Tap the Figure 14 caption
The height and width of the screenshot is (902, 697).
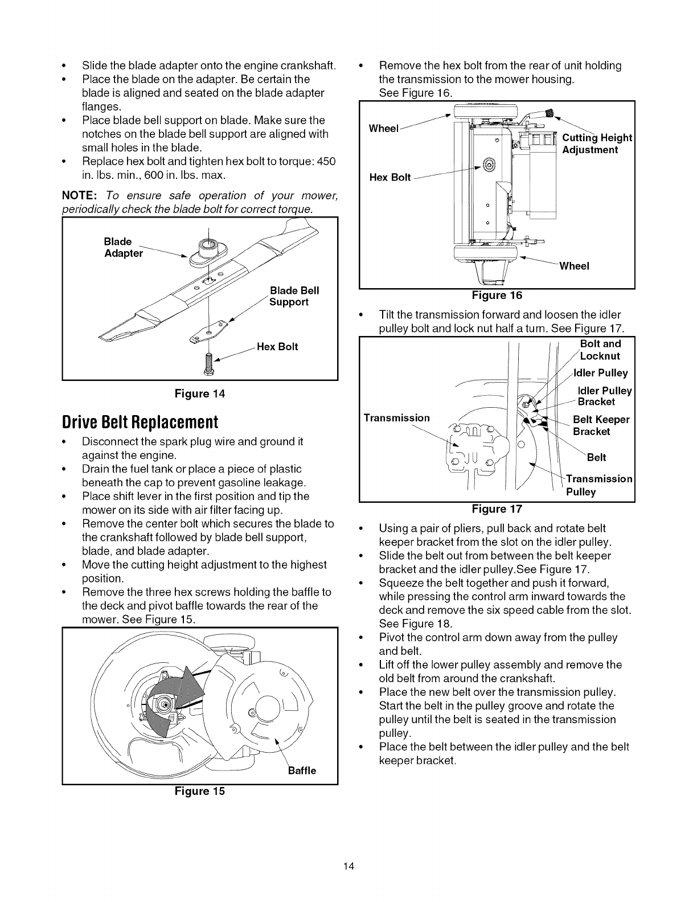pos(200,393)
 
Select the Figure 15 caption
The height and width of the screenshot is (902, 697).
pos(200,791)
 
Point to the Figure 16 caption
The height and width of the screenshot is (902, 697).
pos(497,295)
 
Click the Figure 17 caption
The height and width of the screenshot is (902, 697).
pos(497,509)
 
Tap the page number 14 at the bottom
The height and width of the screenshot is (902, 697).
pos(348,867)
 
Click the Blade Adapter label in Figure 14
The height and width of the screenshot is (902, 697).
pos(123,247)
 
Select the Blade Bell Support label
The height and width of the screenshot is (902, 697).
pos(294,296)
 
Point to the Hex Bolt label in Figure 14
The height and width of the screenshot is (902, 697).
pos(277,347)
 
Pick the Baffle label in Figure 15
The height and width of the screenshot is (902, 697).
pos(299,771)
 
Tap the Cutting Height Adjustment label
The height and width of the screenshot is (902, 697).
pos(596,143)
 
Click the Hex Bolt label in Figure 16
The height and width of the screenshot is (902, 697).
pos(390,177)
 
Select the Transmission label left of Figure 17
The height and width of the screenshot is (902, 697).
pos(396,418)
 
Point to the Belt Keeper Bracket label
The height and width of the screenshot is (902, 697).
pos(601,425)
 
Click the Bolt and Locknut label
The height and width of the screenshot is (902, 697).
pos(600,350)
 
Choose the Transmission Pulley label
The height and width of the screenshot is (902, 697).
pos(598,485)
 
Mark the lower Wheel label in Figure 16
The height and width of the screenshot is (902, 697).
pos(574,266)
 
